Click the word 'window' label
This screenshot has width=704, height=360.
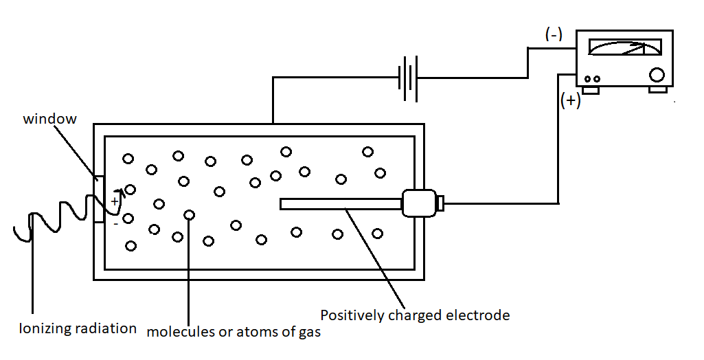50,119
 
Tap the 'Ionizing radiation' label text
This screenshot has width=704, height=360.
78,328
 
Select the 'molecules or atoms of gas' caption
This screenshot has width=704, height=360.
234,333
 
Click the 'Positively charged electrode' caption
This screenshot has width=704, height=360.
416,315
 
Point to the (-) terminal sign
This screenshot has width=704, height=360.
554,35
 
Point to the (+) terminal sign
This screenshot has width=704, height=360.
571,101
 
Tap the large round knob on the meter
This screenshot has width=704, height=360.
657,75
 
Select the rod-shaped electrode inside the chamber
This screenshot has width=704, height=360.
341,203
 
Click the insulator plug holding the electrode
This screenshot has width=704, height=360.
419,203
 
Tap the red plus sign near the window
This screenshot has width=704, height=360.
115,201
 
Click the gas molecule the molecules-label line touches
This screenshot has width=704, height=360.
189,215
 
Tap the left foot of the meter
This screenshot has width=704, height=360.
590,90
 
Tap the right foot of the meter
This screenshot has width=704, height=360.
658,90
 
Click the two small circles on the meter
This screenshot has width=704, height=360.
593,79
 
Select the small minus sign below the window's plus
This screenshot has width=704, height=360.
115,223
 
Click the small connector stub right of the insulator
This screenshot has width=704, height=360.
440,203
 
